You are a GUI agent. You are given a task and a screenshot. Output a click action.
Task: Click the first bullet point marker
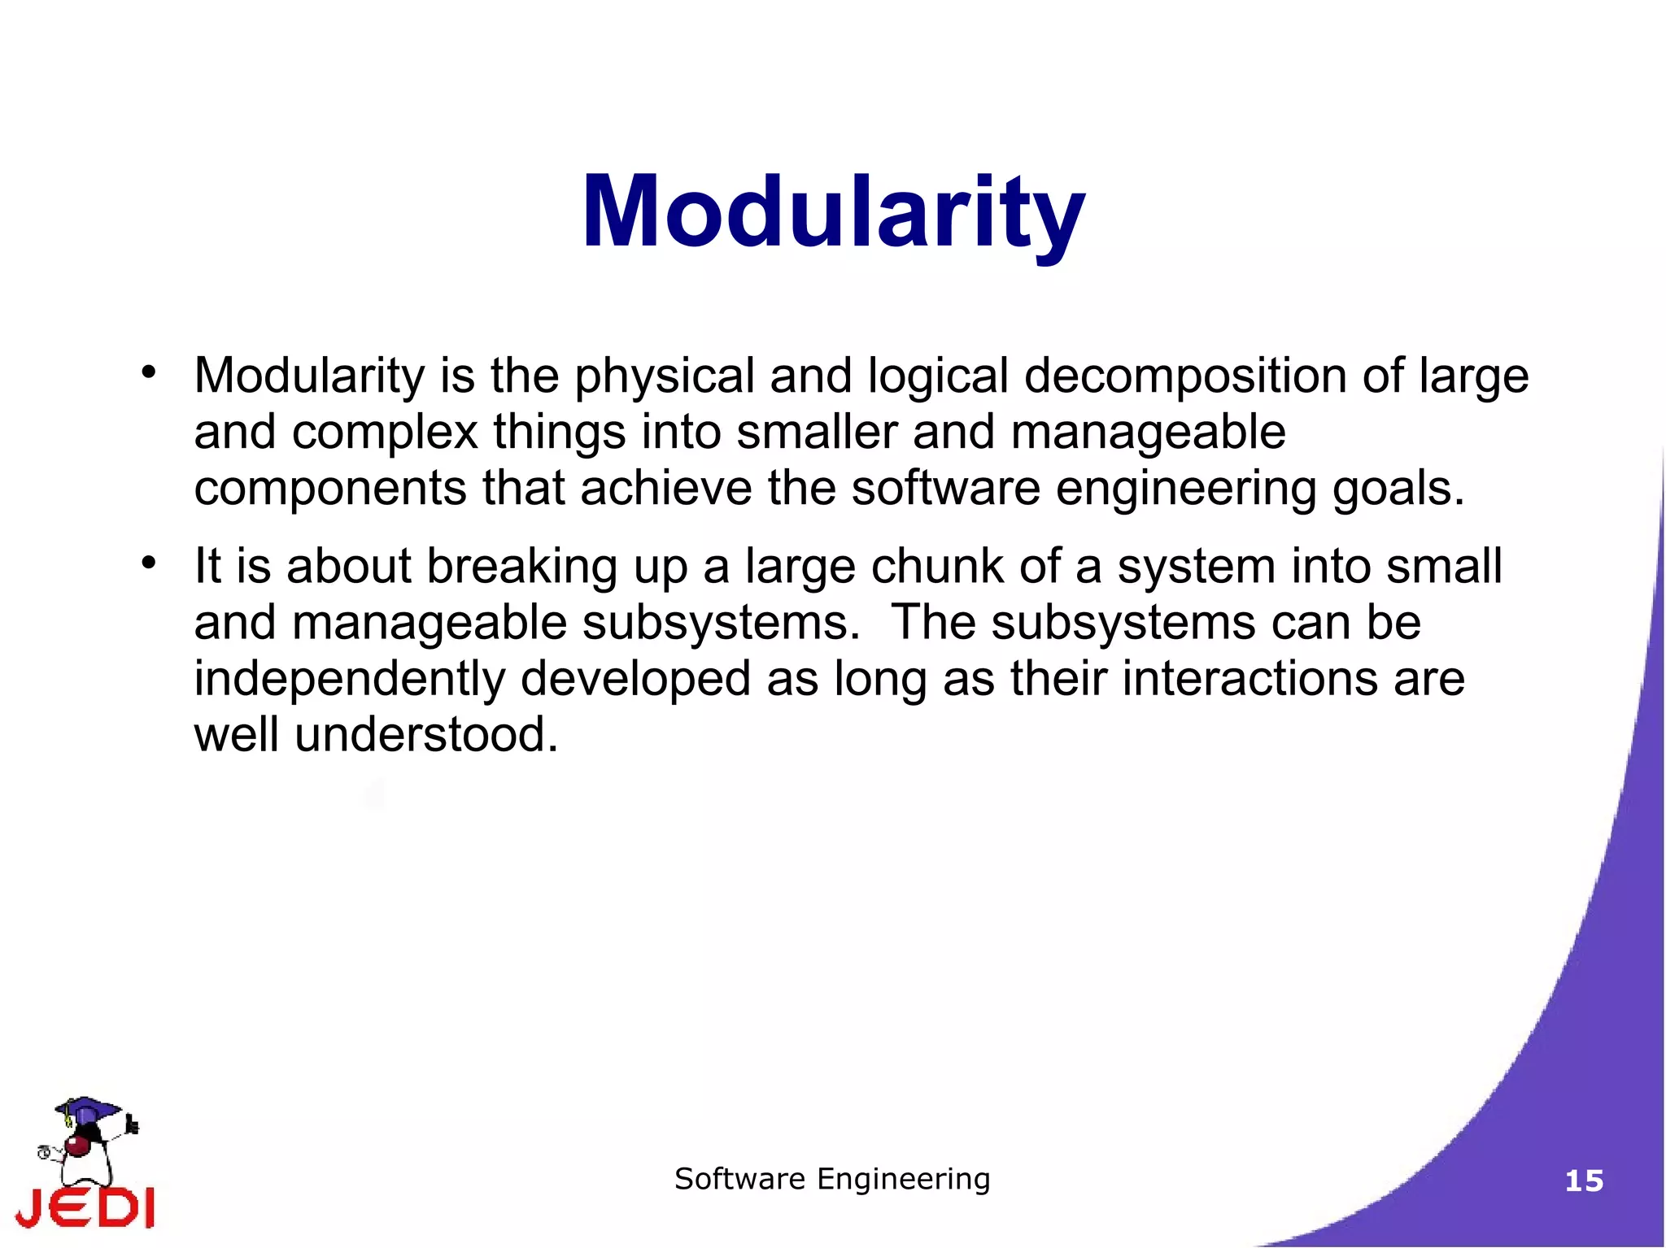[147, 372]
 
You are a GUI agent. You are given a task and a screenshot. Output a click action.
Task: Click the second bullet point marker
[147, 563]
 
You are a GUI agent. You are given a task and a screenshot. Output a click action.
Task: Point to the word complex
[385, 433]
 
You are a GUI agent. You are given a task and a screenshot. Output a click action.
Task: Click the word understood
[426, 735]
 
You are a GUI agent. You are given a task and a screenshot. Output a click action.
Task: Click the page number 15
[1584, 1181]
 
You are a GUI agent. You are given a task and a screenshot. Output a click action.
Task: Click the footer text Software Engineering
[832, 1179]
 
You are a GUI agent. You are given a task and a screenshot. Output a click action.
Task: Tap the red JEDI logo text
[85, 1207]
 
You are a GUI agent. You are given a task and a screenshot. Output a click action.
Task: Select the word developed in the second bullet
[635, 680]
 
